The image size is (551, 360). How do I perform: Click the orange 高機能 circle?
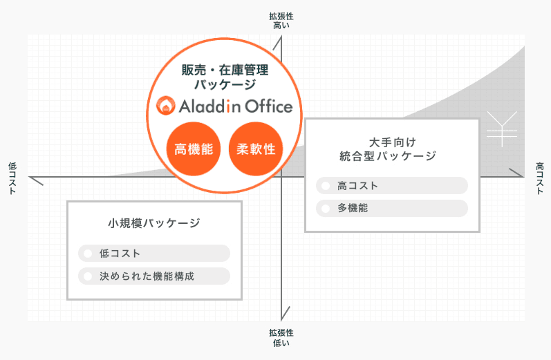tap(194, 149)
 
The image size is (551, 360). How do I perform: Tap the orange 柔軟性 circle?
tap(256, 149)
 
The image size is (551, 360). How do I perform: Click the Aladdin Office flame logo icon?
tap(165, 106)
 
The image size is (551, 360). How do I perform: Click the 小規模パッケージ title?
tap(154, 223)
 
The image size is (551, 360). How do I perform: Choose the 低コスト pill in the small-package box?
tap(153, 254)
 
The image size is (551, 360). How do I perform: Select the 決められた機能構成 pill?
tap(153, 276)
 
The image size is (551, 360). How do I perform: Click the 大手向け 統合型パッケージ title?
tap(392, 148)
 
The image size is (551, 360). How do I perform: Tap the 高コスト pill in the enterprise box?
tap(392, 185)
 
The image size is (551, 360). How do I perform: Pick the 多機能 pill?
tap(392, 208)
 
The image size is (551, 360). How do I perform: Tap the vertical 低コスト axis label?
tap(12, 178)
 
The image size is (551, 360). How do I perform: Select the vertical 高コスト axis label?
tap(539, 178)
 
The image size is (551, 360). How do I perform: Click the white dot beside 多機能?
tap(326, 208)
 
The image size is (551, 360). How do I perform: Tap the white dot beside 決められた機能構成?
tap(88, 276)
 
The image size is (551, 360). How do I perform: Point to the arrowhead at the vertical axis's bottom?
tap(285, 314)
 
